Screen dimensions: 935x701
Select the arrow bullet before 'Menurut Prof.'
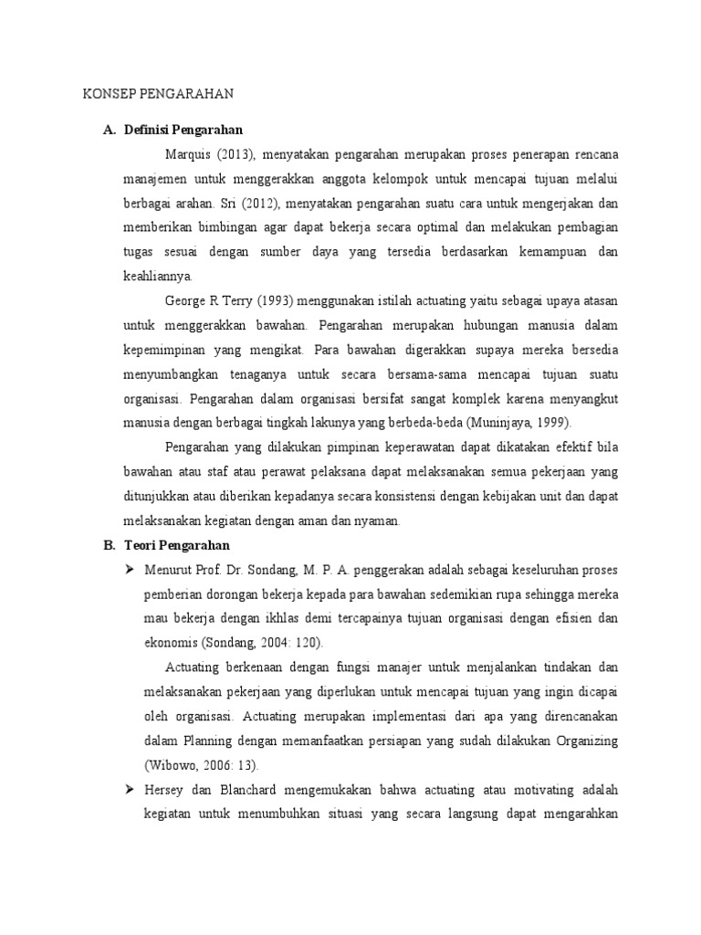pyautogui.click(x=131, y=570)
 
